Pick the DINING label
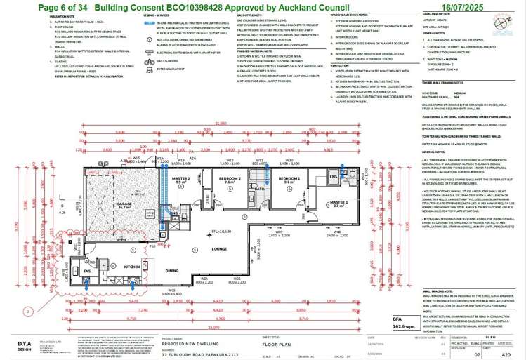pyautogui.click(x=171, y=270)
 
